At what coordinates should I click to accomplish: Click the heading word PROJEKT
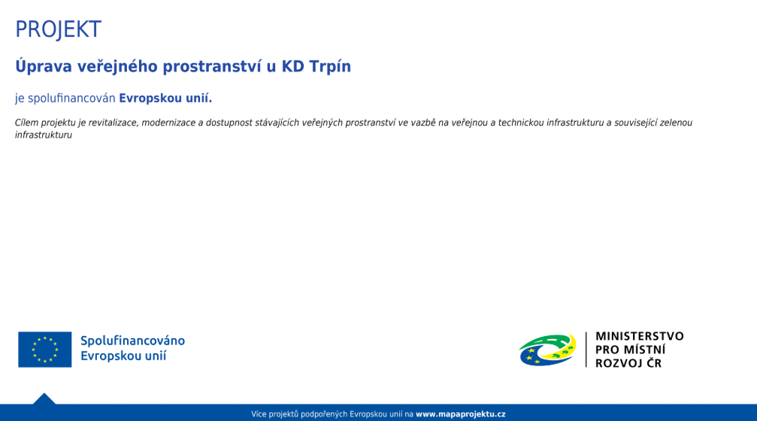tap(59, 29)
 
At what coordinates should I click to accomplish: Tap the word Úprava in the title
tap(44, 65)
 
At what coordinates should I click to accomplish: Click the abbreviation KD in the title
tap(292, 66)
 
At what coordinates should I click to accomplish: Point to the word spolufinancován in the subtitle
tap(71, 98)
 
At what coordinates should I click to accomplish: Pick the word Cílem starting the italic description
tap(26, 123)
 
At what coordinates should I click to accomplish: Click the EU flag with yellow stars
tap(45, 350)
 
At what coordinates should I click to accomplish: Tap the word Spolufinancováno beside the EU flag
tap(133, 341)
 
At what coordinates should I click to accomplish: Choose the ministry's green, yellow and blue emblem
tap(548, 350)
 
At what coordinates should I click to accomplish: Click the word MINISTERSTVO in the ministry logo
tap(640, 337)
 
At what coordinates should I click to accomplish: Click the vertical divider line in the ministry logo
tap(586, 350)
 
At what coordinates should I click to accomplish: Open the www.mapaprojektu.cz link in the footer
tap(461, 414)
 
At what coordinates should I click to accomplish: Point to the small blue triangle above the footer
tap(44, 399)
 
